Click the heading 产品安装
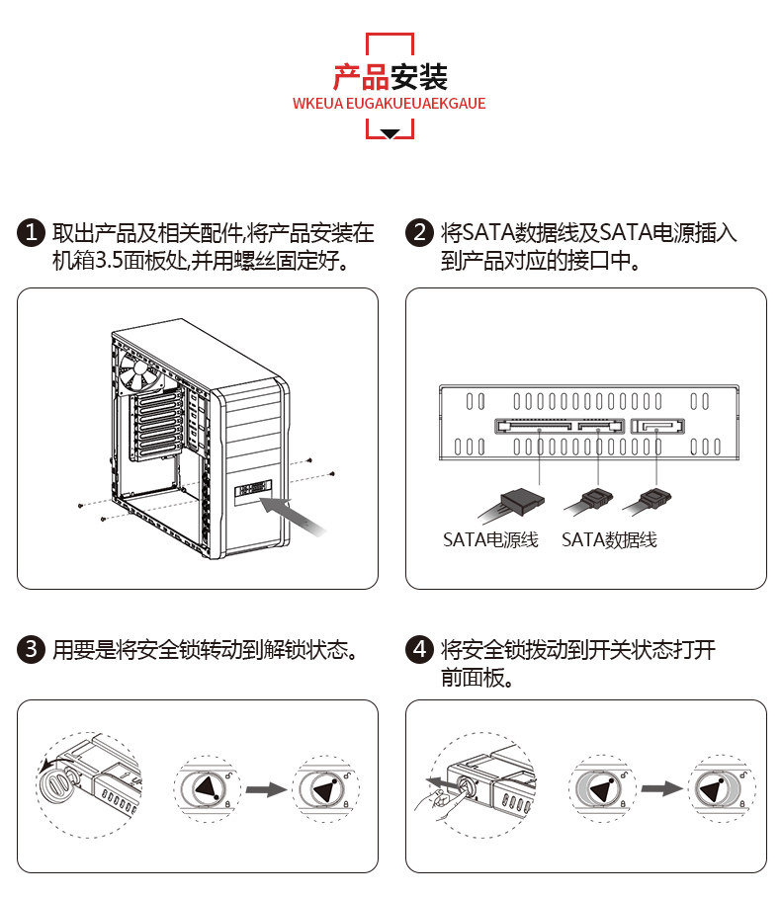390,76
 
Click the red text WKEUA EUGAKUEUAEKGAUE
390,103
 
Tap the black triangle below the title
390,133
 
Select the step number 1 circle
32,233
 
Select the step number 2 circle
420,233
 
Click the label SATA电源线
490,540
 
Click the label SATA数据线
609,540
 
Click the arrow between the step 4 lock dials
659,788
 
